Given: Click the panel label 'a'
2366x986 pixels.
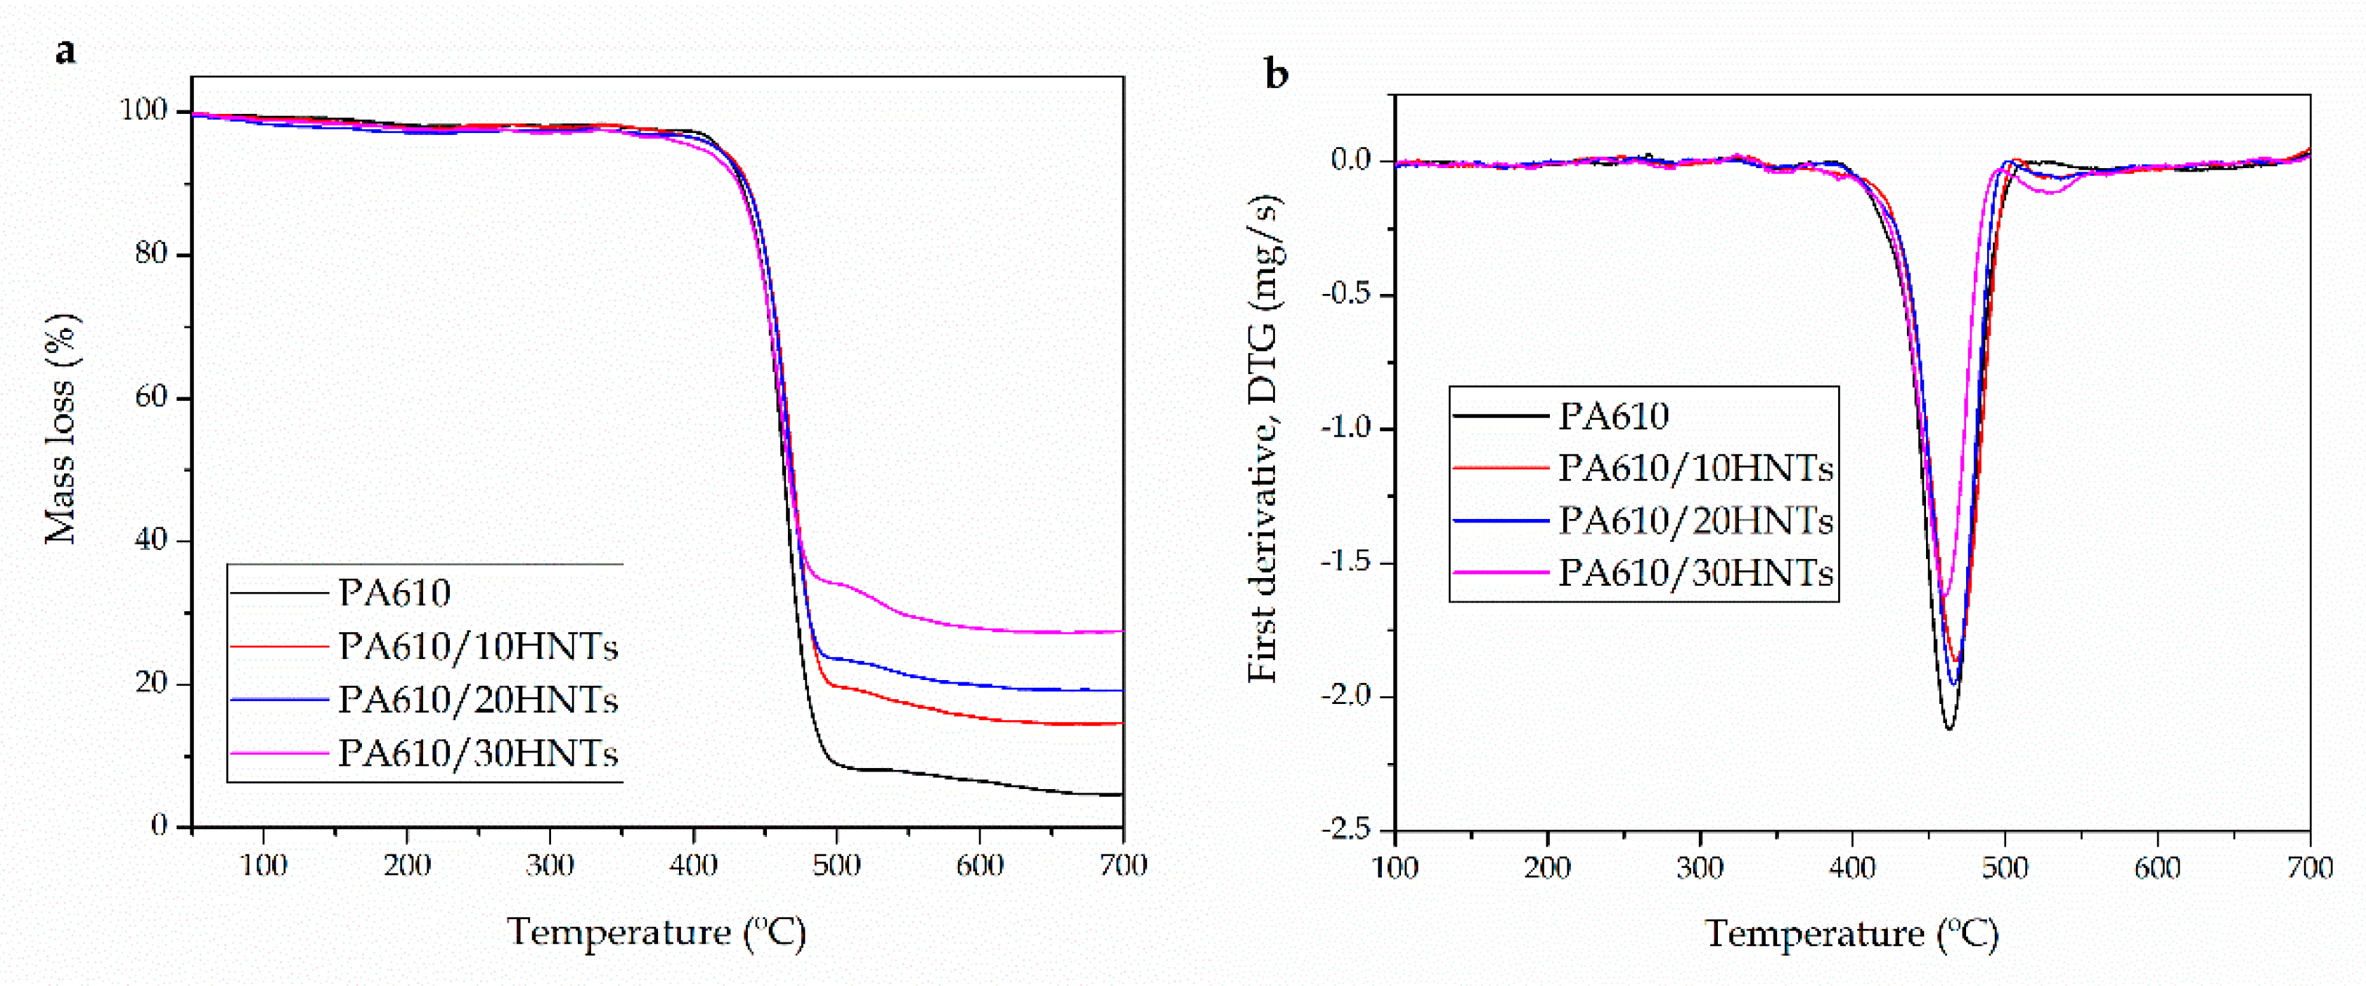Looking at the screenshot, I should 65,51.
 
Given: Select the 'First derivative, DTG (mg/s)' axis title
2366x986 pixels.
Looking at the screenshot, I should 1265,440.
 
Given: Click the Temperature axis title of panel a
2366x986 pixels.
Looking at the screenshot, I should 657,932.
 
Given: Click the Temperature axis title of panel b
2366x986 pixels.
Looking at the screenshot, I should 1851,934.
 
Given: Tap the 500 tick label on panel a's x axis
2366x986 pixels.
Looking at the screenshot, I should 836,866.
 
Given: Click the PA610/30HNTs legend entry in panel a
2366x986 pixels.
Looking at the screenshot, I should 477,753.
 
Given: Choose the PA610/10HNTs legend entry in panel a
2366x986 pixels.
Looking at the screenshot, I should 477,647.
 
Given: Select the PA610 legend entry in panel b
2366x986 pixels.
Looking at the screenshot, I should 1614,416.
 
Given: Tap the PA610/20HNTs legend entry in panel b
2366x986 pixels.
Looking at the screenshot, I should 1695,521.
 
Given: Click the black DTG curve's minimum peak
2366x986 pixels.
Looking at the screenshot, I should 1948,729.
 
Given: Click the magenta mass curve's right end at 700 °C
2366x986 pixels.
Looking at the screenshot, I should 1121,632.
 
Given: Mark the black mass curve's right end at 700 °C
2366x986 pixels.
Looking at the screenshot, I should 1121,794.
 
